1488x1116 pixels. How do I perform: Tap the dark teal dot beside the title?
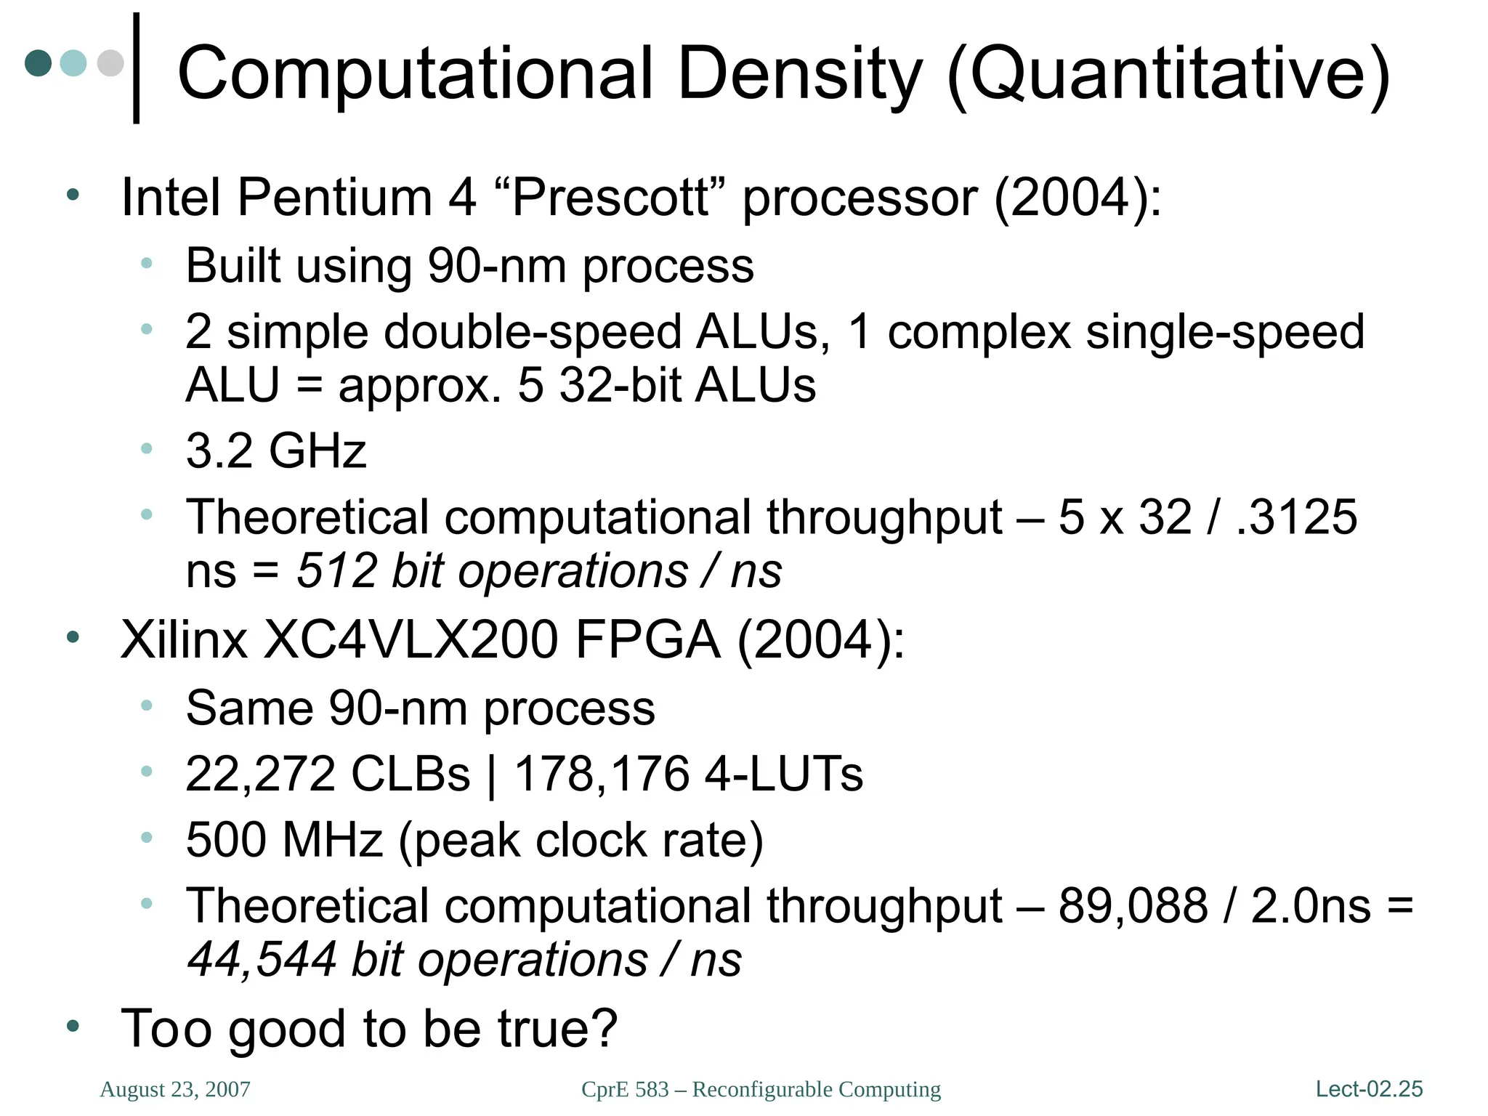click(x=39, y=62)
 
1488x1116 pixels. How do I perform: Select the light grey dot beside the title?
click(x=110, y=62)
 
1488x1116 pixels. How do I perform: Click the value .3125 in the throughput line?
click(x=1296, y=517)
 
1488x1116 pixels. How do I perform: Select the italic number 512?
click(x=336, y=571)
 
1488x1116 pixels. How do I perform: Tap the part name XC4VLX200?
click(x=411, y=640)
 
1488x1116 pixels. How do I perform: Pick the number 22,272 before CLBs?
click(x=261, y=774)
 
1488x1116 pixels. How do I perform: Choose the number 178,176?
click(x=602, y=774)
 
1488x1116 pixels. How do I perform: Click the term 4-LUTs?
click(x=785, y=774)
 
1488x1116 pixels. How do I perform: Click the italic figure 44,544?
click(x=262, y=960)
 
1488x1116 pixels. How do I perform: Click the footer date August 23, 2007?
click(x=175, y=1089)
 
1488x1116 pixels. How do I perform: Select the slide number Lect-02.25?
click(x=1369, y=1089)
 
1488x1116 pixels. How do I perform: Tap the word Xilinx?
click(x=184, y=640)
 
